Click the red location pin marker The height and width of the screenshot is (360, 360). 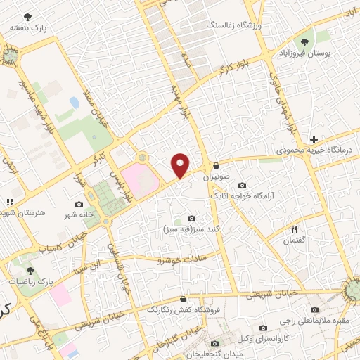pyautogui.click(x=181, y=166)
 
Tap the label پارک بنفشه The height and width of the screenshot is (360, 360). pyautogui.click(x=27, y=27)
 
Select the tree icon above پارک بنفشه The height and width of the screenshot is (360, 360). pyautogui.click(x=27, y=16)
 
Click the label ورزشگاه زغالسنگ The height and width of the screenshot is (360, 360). pyautogui.click(x=233, y=25)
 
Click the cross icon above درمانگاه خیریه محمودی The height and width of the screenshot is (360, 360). pyautogui.click(x=314, y=139)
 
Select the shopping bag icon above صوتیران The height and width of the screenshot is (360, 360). pyautogui.click(x=216, y=167)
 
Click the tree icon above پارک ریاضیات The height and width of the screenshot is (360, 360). pyautogui.click(x=30, y=269)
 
